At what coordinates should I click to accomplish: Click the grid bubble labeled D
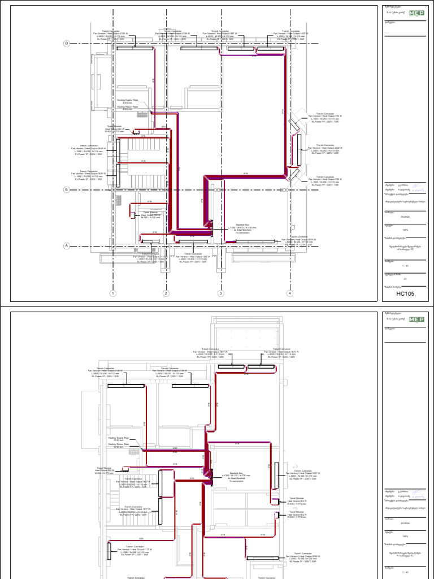coord(66,44)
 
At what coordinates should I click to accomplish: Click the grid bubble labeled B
coord(66,190)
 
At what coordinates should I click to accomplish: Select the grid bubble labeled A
coord(66,245)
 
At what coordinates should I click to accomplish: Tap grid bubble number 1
coord(113,293)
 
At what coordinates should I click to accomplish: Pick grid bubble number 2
coord(166,293)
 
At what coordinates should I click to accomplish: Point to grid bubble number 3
coord(221,293)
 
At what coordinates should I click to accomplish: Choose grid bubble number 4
coord(289,293)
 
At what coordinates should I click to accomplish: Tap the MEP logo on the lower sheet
coord(418,318)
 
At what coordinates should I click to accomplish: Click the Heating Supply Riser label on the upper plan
coord(127,100)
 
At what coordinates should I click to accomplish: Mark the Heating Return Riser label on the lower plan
coord(119,444)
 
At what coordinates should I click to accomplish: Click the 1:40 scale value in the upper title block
coord(405,266)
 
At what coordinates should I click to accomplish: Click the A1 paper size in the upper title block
coord(405,279)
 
